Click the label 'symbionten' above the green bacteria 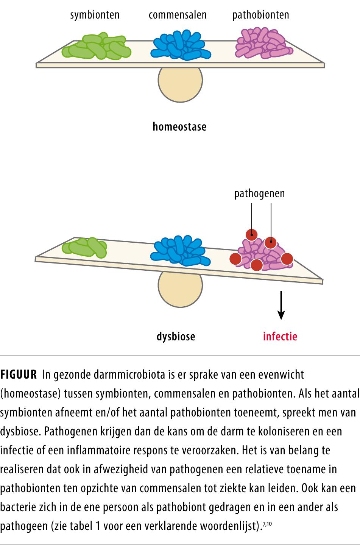(95, 15)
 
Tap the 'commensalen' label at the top (178, 15)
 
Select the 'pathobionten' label (260, 15)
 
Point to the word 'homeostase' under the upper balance (179, 126)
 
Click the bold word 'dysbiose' (176, 336)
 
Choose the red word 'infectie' (280, 336)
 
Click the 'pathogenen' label (259, 194)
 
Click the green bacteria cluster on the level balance (97, 47)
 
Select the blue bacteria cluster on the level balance (181, 45)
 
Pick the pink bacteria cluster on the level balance (264, 44)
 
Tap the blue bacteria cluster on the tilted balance (180, 250)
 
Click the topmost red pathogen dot (251, 235)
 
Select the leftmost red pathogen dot (235, 259)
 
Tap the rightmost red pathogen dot (287, 259)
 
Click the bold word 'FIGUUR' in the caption (19, 375)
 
